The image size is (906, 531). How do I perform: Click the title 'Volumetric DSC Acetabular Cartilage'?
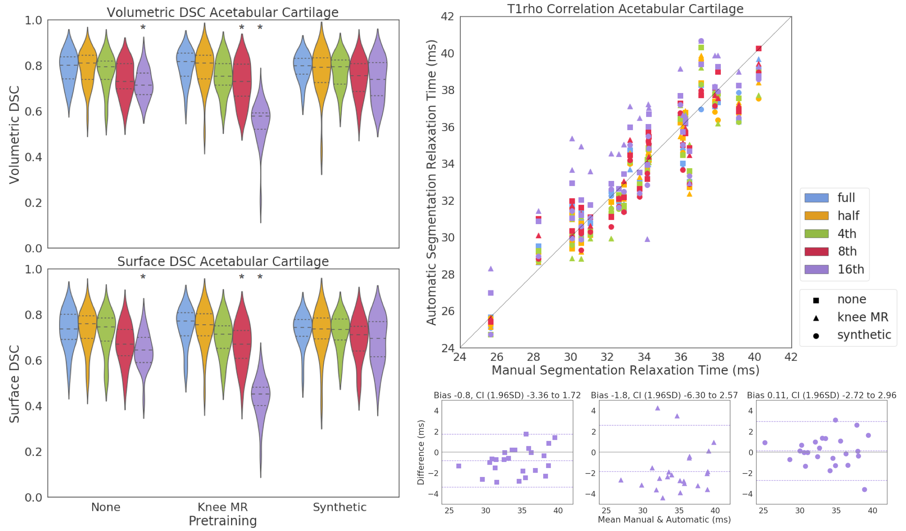tap(222, 12)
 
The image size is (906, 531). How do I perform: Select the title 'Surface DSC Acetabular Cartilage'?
tap(223, 261)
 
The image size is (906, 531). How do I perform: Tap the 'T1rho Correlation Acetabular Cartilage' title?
tap(625, 9)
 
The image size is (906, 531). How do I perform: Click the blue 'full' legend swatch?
tap(816, 198)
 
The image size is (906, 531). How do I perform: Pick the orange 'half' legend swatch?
tap(816, 216)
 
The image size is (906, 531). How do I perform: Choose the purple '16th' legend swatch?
tap(816, 269)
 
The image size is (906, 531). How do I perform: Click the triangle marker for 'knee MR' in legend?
tap(816, 318)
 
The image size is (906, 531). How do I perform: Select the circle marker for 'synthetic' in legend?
tap(816, 336)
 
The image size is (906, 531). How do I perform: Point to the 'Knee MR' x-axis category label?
tap(222, 507)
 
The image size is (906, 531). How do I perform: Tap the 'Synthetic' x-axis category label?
tap(339, 507)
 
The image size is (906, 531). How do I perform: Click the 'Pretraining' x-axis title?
tap(222, 521)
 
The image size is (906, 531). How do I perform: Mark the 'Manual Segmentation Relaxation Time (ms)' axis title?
tap(625, 370)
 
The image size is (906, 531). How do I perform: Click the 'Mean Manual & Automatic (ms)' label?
tap(664, 520)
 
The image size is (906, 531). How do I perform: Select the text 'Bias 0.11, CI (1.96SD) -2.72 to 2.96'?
tap(821, 395)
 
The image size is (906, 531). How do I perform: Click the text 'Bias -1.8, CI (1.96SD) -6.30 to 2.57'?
tap(664, 395)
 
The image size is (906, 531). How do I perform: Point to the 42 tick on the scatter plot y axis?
tap(447, 16)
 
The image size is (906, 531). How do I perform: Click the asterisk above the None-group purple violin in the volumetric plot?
tap(143, 28)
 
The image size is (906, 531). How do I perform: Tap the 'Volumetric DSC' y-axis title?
tap(14, 134)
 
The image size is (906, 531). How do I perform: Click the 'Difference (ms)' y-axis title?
tap(421, 452)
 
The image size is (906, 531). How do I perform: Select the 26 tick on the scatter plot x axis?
tap(497, 357)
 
